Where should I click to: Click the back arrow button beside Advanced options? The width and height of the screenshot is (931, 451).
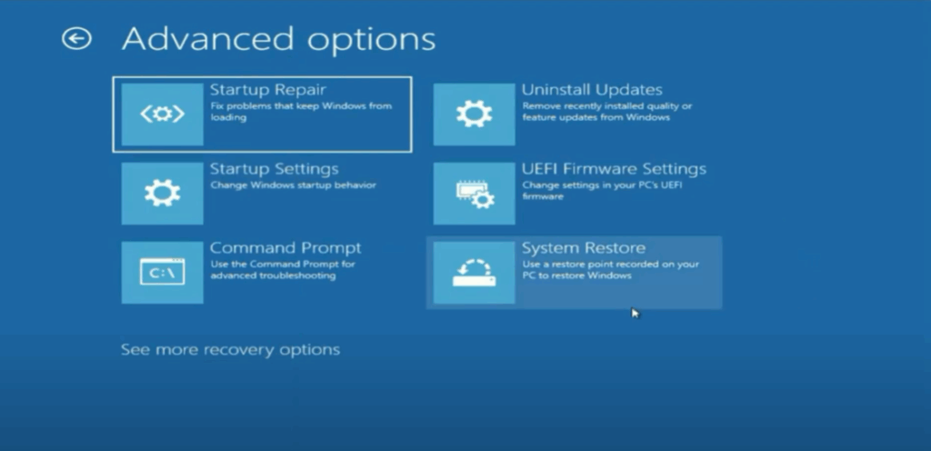(x=76, y=38)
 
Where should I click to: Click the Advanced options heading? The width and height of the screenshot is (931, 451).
(x=278, y=39)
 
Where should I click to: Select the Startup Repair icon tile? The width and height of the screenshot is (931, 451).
(x=162, y=114)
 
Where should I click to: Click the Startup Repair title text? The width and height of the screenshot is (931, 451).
(x=267, y=90)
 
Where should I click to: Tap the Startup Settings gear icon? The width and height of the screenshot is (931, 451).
(x=162, y=193)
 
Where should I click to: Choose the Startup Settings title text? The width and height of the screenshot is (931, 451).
(x=274, y=169)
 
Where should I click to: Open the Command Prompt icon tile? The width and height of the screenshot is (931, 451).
(x=162, y=272)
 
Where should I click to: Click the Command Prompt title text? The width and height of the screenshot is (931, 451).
(x=285, y=248)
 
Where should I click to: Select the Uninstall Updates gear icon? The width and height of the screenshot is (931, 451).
(x=474, y=114)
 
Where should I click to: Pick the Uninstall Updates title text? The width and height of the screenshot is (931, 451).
(x=592, y=90)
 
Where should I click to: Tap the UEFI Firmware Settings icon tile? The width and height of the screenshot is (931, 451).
(x=474, y=193)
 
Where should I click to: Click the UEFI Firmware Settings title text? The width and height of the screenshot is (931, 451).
(x=614, y=169)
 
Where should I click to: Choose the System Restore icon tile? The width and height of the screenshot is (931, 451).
(x=474, y=272)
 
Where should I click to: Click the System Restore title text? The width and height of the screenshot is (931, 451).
(x=584, y=248)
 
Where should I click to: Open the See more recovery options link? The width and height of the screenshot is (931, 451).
(x=230, y=350)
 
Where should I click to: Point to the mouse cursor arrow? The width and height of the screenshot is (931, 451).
(x=636, y=314)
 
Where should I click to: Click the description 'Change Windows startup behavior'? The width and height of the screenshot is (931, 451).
(x=293, y=185)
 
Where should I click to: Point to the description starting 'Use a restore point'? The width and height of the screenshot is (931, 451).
(x=610, y=270)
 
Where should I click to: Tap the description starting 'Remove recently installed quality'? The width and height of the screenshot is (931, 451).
(x=606, y=112)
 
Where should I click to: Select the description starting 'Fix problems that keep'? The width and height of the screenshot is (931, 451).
(x=300, y=112)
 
